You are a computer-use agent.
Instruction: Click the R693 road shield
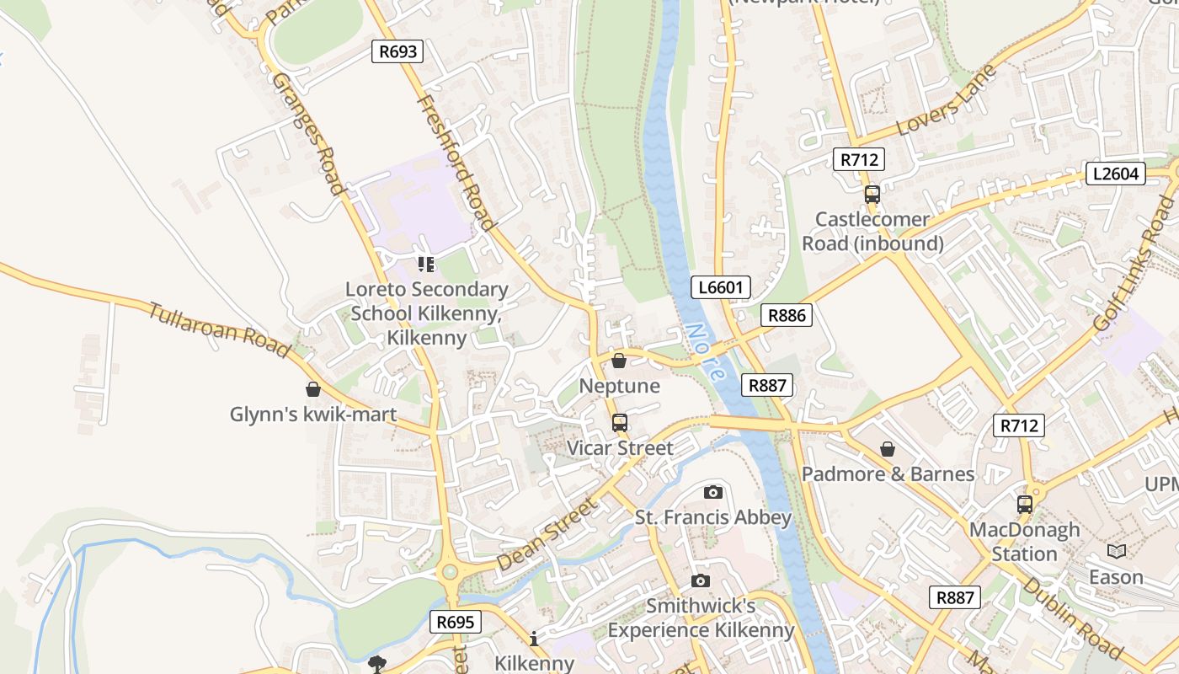pyautogui.click(x=398, y=51)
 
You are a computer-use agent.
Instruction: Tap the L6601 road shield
pyautogui.click(x=722, y=287)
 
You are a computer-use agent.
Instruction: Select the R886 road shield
pyautogui.click(x=787, y=315)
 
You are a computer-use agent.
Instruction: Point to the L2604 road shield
pyautogui.click(x=1115, y=174)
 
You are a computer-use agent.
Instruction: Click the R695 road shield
pyautogui.click(x=456, y=623)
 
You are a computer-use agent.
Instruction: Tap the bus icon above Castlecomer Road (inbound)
pyautogui.click(x=872, y=195)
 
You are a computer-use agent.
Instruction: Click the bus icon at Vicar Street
pyautogui.click(x=620, y=423)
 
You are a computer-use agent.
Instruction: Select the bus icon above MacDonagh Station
pyautogui.click(x=1024, y=505)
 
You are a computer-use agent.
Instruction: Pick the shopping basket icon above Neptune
pyautogui.click(x=619, y=361)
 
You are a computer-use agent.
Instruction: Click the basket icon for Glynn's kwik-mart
pyautogui.click(x=313, y=389)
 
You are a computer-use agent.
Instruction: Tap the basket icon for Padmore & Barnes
pyautogui.click(x=888, y=449)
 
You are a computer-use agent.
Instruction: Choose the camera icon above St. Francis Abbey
pyautogui.click(x=712, y=492)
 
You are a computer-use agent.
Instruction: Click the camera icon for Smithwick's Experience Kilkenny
pyautogui.click(x=700, y=580)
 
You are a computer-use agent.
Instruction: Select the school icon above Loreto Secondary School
pyautogui.click(x=426, y=265)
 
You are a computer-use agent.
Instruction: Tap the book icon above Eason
pyautogui.click(x=1116, y=552)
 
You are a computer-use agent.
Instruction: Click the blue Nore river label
pyautogui.click(x=704, y=351)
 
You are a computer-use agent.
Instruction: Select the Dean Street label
pyautogui.click(x=547, y=534)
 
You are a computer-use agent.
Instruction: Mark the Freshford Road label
pyautogui.click(x=455, y=162)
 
